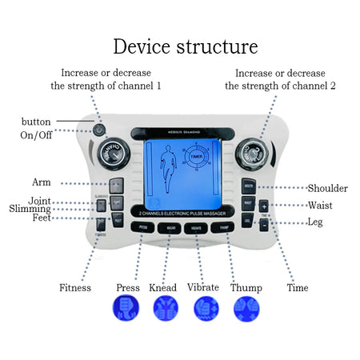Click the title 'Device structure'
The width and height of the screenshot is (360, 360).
click(185, 46)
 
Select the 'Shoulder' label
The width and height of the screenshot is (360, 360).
click(327, 189)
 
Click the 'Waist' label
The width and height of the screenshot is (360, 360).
click(320, 205)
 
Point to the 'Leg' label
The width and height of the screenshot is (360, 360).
click(315, 221)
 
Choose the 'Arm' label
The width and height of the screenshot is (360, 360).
click(41, 182)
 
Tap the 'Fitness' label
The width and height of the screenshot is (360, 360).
click(75, 288)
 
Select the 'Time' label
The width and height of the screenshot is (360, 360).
click(297, 288)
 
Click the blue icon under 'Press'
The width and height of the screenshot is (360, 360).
click(127, 309)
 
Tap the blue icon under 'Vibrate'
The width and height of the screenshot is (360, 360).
click(207, 309)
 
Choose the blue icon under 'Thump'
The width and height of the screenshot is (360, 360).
click(246, 309)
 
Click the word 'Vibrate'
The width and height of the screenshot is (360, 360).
click(202, 288)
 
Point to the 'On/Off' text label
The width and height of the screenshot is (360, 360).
click(35, 135)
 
